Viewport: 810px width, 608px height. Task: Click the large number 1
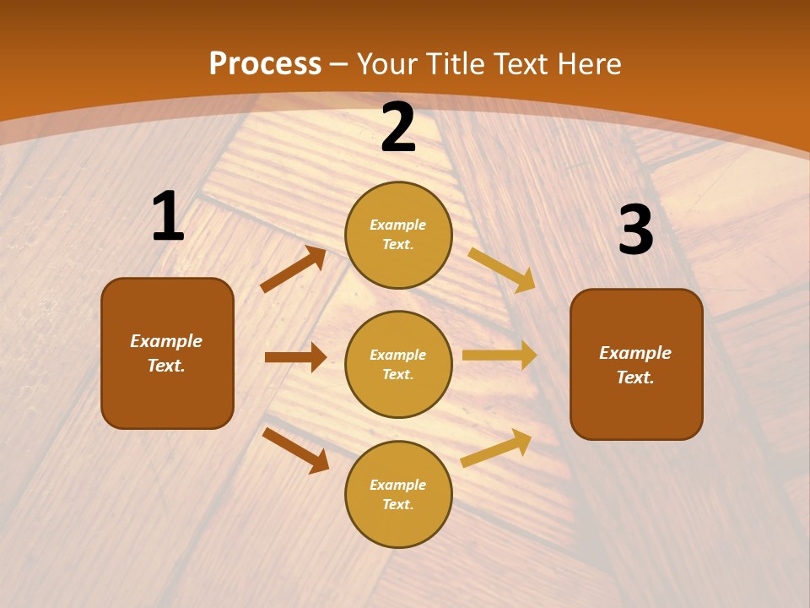click(x=168, y=217)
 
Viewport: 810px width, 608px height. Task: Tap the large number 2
click(x=398, y=128)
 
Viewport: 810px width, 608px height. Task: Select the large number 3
click(x=635, y=231)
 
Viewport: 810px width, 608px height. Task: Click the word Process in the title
click(x=265, y=63)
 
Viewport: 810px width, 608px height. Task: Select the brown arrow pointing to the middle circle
click(x=295, y=357)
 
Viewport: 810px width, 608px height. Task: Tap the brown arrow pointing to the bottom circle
click(x=296, y=449)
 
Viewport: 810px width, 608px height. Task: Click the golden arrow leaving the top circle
click(x=502, y=269)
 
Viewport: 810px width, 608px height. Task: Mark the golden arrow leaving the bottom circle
click(x=496, y=448)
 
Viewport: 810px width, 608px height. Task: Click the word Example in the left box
click(x=166, y=341)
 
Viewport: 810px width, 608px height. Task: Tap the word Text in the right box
click(x=634, y=377)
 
